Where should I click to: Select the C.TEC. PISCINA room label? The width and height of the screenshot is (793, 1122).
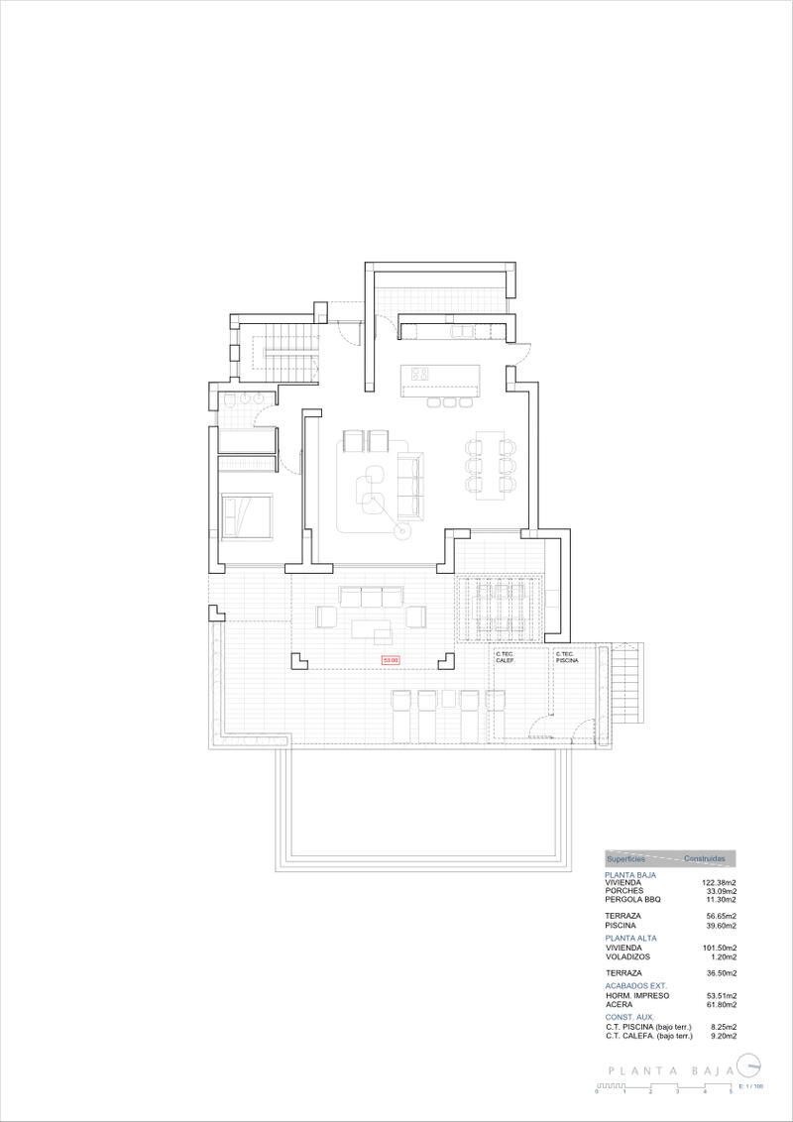pyautogui.click(x=567, y=657)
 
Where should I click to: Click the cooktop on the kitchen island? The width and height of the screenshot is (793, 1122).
pyautogui.click(x=419, y=375)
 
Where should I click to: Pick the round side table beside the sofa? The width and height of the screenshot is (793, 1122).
pyautogui.click(x=402, y=532)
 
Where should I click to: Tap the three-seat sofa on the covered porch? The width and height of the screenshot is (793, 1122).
pyautogui.click(x=371, y=597)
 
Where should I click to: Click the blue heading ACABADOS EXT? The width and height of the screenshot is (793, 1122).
pyautogui.click(x=635, y=986)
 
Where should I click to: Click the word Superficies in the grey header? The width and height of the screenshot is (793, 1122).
pyautogui.click(x=625, y=858)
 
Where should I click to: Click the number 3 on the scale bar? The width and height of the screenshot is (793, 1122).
pyautogui.click(x=677, y=1091)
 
